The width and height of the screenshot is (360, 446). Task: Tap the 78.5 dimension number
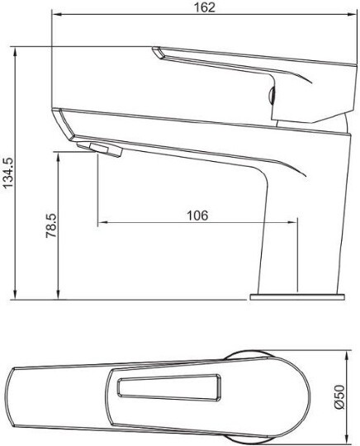pos(50,225)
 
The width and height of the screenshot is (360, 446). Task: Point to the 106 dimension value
pos(197,215)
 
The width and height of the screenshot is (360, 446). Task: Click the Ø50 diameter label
pos(338,396)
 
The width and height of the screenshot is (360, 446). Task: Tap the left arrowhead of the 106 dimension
pos(101,223)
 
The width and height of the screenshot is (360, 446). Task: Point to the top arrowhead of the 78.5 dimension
pos(59,154)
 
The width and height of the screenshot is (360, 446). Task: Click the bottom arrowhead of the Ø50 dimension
pos(345,440)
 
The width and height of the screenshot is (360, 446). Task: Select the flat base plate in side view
pos(297,294)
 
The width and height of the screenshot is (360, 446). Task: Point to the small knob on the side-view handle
pos(272,93)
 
